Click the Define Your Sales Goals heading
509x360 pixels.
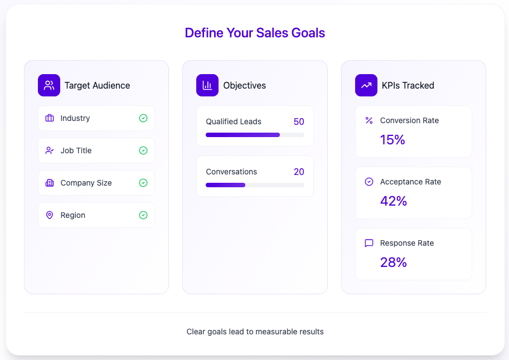point(255,33)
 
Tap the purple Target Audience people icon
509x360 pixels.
point(49,85)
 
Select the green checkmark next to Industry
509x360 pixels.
point(143,118)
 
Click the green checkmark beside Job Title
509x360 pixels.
point(143,150)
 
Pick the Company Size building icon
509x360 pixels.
point(50,183)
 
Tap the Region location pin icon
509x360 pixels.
point(50,215)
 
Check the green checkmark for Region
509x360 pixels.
point(143,215)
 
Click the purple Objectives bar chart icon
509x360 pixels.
point(207,85)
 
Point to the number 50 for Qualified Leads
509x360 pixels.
point(299,121)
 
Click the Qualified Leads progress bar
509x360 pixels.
point(255,135)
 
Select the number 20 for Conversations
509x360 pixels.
point(299,172)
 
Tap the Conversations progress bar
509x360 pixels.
point(255,185)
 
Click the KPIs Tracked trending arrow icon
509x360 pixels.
point(366,85)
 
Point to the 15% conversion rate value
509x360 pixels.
point(392,140)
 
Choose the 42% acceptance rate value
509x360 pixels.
point(394,201)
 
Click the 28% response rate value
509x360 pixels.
point(394,262)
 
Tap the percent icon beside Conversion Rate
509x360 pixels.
point(369,120)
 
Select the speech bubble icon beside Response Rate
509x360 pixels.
point(369,243)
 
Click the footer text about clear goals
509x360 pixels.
point(255,332)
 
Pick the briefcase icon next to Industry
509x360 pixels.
point(50,118)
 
